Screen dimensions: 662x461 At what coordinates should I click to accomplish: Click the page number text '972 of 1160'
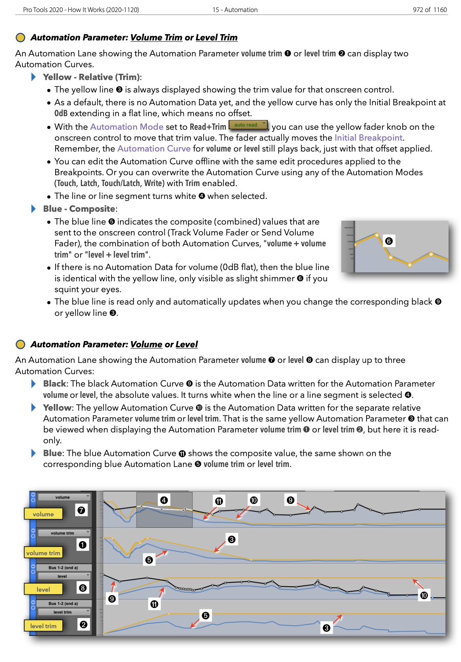tap(430, 10)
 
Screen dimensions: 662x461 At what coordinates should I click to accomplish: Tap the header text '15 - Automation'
tap(235, 10)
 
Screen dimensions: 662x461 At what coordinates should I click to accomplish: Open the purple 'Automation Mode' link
tap(127, 127)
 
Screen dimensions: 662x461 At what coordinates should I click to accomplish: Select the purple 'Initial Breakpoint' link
tap(368, 138)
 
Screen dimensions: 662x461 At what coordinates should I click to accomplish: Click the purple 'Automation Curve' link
tap(154, 149)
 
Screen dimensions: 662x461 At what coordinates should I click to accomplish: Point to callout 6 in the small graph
tap(388, 241)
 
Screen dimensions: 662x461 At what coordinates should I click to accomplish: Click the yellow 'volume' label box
tap(43, 514)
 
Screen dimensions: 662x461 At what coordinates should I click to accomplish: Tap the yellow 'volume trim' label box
tap(43, 553)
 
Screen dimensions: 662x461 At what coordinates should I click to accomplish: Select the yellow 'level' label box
tap(43, 589)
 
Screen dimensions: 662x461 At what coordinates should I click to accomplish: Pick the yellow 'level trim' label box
tap(43, 626)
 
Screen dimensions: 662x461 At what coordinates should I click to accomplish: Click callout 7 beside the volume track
tap(81, 510)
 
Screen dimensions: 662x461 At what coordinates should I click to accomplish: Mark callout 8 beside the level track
tap(82, 588)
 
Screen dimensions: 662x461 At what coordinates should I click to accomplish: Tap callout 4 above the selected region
tap(164, 500)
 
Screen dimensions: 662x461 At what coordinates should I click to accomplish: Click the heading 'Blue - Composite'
tap(79, 209)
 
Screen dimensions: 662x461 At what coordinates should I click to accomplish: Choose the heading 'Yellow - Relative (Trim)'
tap(92, 77)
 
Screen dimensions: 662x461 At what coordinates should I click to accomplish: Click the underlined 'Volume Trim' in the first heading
tap(156, 38)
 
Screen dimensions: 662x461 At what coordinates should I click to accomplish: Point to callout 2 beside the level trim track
tap(83, 625)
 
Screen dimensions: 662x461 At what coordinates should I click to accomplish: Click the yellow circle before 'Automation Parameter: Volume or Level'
tap(20, 345)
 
